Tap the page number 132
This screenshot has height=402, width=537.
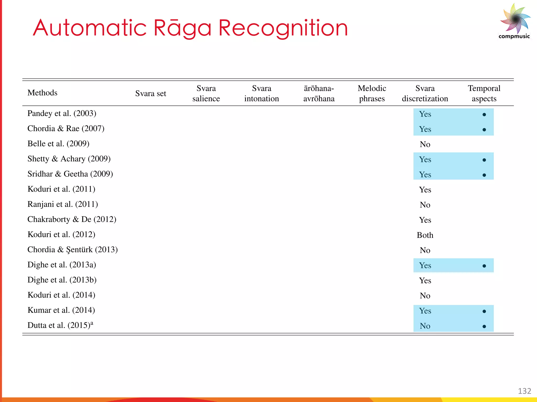pyautogui.click(x=524, y=391)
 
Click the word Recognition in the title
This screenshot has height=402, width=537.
pyautogui.click(x=283, y=28)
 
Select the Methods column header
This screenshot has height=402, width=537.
pyautogui.click(x=42, y=93)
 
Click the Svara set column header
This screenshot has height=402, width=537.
pyautogui.click(x=151, y=93)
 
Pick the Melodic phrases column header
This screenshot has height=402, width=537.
pyautogui.click(x=372, y=93)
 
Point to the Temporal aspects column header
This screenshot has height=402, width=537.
pyautogui.click(x=484, y=93)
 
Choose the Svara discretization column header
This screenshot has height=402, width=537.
pyautogui.click(x=425, y=93)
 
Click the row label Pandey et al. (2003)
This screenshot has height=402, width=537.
pyautogui.click(x=62, y=113)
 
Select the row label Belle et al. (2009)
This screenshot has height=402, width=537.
pyautogui.click(x=58, y=144)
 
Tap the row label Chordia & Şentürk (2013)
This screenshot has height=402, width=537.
pyautogui.click(x=73, y=250)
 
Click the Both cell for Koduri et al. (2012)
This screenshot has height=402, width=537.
pyautogui.click(x=425, y=235)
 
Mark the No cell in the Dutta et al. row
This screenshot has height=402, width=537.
pyautogui.click(x=425, y=326)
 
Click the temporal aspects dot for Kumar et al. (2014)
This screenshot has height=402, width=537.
pyautogui.click(x=484, y=311)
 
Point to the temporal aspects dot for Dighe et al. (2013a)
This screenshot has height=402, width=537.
pyautogui.click(x=484, y=266)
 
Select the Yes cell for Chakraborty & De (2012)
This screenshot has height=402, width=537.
pyautogui.click(x=425, y=220)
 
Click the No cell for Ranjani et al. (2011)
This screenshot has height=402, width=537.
pyautogui.click(x=425, y=205)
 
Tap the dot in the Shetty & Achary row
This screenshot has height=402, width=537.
pyautogui.click(x=484, y=160)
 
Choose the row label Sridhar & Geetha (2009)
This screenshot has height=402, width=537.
pyautogui.click(x=70, y=174)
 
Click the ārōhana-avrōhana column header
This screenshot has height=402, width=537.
pyautogui.click(x=319, y=93)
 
